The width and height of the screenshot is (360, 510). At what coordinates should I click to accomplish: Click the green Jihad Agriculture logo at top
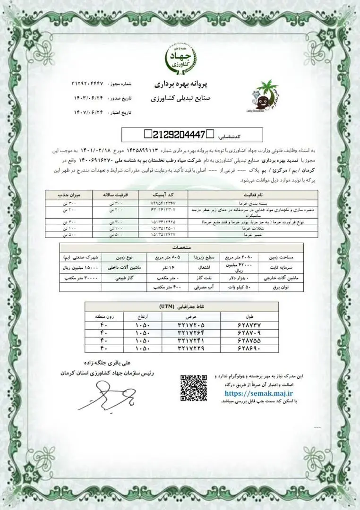point(180,59)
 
